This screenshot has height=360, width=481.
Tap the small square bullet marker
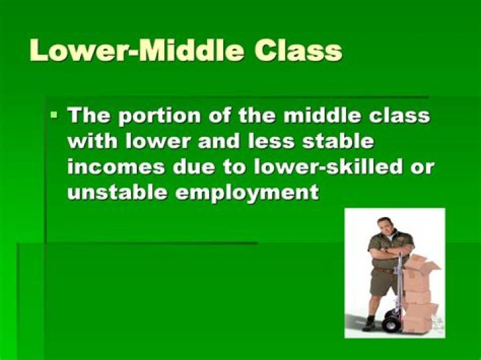54,116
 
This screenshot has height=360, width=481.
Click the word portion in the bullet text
158,116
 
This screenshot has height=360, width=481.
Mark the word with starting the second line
92,142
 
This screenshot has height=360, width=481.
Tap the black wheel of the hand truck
391,324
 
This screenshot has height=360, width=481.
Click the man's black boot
369,323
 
